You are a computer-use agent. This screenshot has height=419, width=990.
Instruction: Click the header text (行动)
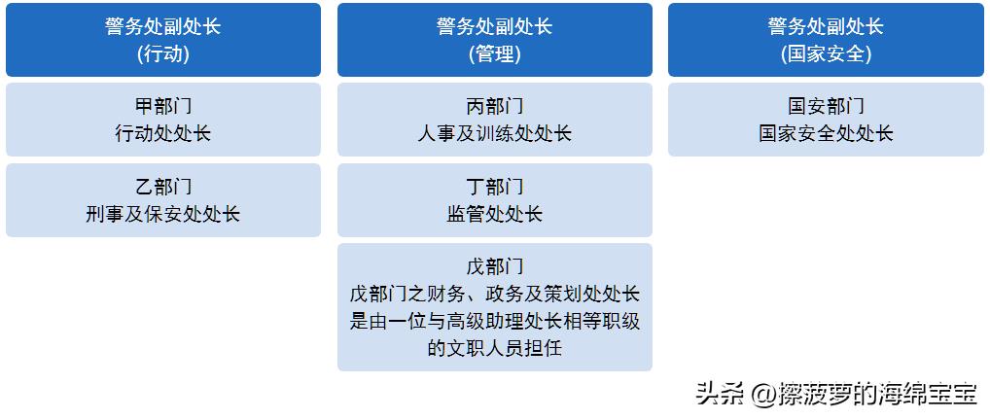163,54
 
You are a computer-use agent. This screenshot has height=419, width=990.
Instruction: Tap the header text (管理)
494,54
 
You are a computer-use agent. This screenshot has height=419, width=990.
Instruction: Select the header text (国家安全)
826,54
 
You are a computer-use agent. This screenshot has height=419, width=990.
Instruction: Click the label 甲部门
163,106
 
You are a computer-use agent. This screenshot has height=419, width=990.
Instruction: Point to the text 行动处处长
163,134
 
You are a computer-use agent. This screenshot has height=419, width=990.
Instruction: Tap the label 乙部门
163,187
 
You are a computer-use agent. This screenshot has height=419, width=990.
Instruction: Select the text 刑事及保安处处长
163,215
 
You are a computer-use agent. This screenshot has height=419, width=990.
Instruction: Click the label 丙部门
494,106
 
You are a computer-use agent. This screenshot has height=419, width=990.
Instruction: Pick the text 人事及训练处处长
494,134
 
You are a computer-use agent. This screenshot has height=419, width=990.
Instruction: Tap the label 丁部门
494,187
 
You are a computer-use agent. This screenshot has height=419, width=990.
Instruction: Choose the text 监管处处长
494,215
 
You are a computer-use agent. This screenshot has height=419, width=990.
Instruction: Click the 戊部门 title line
494,266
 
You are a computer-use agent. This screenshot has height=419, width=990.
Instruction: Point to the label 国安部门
826,106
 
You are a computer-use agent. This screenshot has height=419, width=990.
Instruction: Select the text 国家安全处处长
826,134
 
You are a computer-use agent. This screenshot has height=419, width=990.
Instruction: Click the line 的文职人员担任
494,348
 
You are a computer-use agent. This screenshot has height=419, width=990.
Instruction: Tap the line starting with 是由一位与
494,321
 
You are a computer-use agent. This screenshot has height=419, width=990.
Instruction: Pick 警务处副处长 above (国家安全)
826,26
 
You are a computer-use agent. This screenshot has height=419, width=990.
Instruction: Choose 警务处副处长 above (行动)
163,26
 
